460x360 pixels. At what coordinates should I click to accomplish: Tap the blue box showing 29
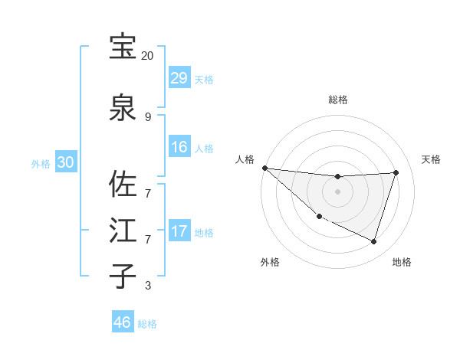pyautogui.click(x=179, y=78)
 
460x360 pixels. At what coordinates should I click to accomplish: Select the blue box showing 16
pyautogui.click(x=179, y=146)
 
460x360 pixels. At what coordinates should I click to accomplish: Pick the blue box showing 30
pyautogui.click(x=65, y=162)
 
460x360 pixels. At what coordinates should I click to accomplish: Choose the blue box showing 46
pyautogui.click(x=123, y=322)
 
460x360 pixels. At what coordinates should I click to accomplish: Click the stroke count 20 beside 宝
pyautogui.click(x=147, y=56)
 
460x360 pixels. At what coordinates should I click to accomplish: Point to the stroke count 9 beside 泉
pyautogui.click(x=147, y=117)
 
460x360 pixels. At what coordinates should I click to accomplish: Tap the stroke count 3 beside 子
pyautogui.click(x=147, y=286)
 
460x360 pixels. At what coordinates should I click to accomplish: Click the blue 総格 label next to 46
pyautogui.click(x=147, y=324)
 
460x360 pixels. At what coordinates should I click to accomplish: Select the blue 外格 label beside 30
pyautogui.click(x=41, y=164)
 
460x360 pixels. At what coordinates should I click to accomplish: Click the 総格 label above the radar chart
pyautogui.click(x=337, y=100)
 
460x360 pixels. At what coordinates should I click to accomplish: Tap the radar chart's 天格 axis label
pyautogui.click(x=431, y=159)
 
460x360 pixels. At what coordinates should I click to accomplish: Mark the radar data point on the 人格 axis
pyautogui.click(x=264, y=168)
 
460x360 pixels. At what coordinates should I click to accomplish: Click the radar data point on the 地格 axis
pyautogui.click(x=374, y=241)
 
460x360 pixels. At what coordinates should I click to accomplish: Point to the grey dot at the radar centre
pyautogui.click(x=337, y=191)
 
